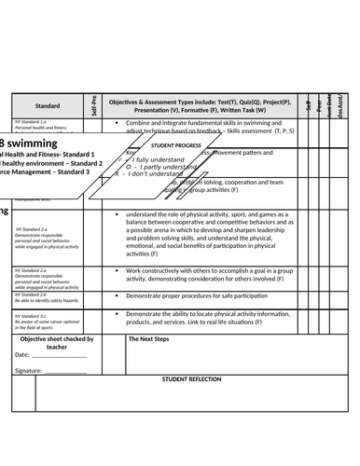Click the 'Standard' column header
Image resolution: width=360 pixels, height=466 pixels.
coord(47,106)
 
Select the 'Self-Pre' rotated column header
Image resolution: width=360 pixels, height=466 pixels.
coord(94,105)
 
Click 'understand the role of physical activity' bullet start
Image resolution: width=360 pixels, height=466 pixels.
coord(177,214)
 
